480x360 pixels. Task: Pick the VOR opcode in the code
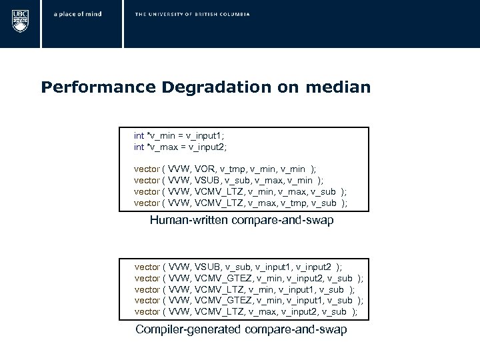click(204, 169)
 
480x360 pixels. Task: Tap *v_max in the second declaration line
click(160, 146)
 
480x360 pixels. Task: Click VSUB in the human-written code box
click(207, 180)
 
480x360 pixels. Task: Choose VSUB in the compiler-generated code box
click(207, 266)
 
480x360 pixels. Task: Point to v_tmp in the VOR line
click(233, 169)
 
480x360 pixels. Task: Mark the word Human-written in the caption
click(189, 221)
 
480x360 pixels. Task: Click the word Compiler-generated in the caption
click(189, 330)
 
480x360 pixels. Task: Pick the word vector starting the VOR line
click(147, 169)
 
